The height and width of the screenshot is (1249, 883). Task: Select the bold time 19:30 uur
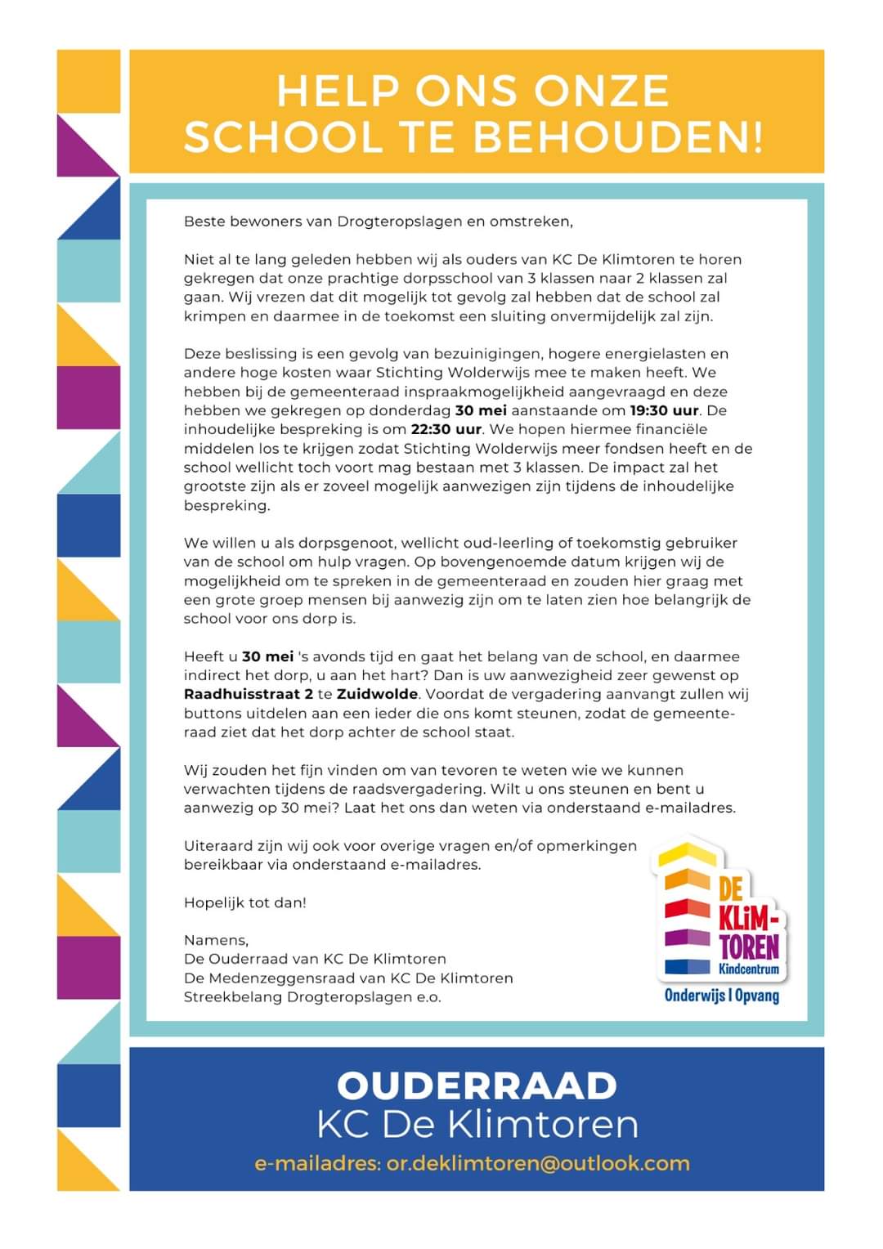664,410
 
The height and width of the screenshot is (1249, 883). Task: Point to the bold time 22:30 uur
446,429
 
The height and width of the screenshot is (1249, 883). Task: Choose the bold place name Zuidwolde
377,694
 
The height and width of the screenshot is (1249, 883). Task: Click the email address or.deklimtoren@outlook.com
538,1163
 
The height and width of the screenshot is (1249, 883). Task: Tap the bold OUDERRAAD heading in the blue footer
477,1086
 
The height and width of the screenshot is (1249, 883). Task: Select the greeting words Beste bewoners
243,221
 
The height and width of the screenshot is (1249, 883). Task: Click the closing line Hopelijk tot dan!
245,902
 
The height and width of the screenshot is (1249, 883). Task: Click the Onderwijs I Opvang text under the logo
721,996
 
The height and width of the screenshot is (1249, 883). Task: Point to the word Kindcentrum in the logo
750,969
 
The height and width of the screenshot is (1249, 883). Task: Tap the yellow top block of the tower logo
687,853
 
